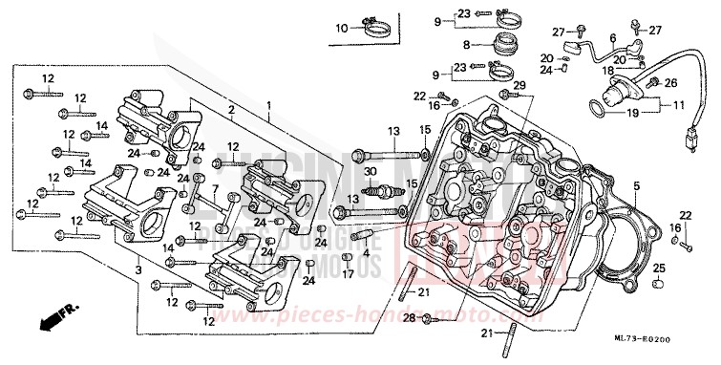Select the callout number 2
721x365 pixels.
230,112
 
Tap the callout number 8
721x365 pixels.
467,45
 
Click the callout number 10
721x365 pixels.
341,30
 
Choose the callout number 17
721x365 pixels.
348,274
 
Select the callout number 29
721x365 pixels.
520,87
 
